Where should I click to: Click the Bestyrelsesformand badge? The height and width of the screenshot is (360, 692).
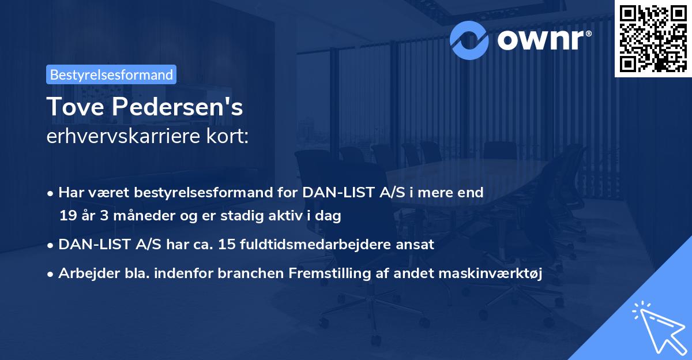[111, 74]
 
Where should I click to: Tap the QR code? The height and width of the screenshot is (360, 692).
[652, 38]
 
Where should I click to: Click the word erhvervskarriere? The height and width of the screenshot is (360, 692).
[122, 136]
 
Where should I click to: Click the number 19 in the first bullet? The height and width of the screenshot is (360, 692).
[67, 216]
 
